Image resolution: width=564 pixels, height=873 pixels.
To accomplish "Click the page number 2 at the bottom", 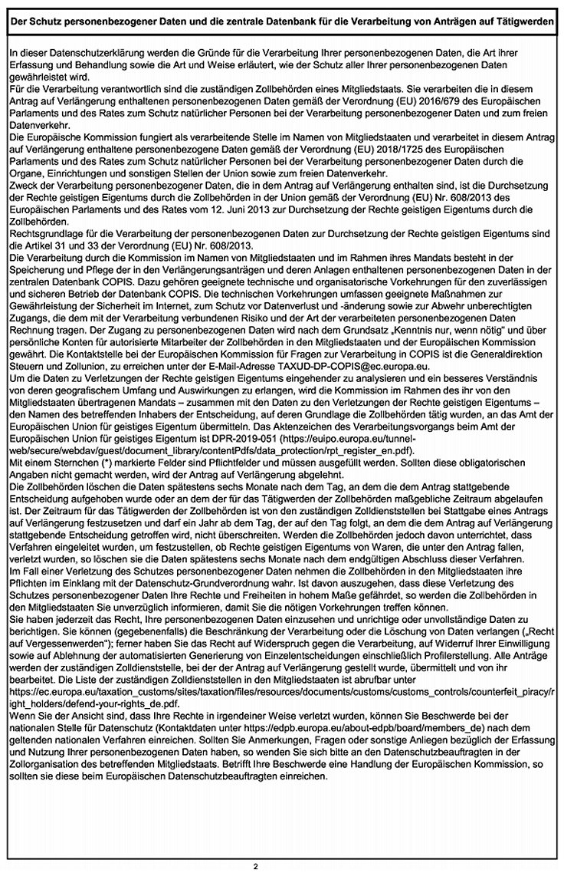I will (256, 866).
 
